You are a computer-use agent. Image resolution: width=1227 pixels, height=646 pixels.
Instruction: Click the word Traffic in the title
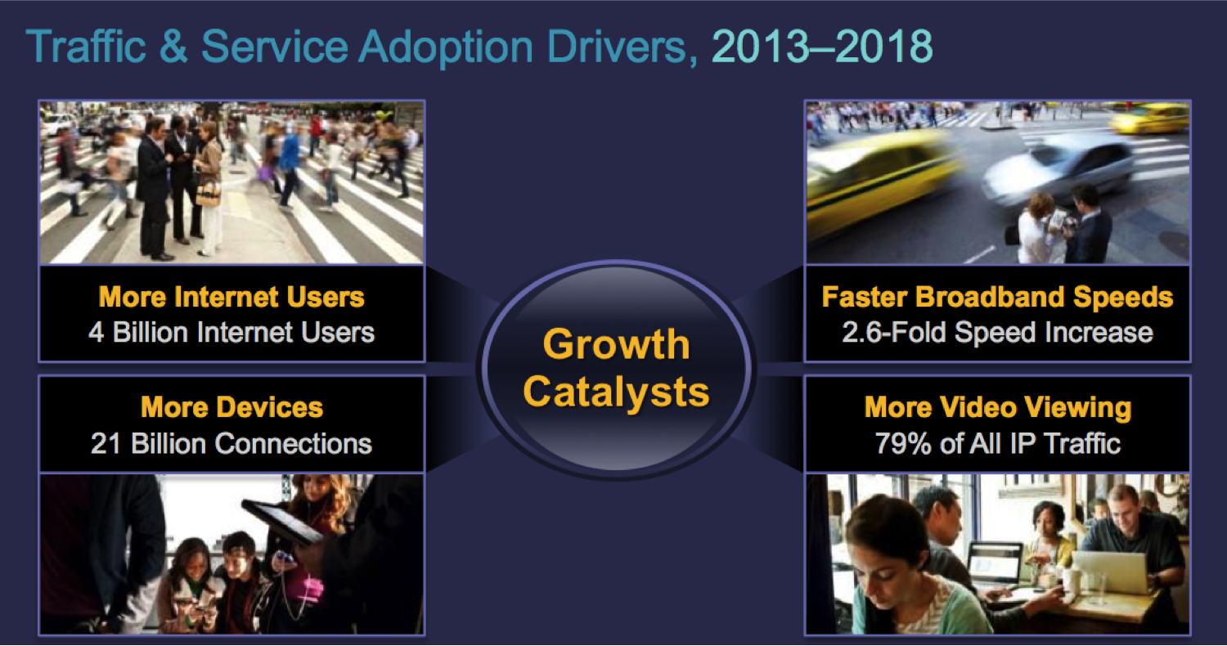pyautogui.click(x=86, y=47)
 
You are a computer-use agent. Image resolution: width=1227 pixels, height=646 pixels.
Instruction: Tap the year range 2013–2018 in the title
pyautogui.click(x=821, y=47)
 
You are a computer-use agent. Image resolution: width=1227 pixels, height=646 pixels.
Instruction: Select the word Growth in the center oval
pyautogui.click(x=616, y=346)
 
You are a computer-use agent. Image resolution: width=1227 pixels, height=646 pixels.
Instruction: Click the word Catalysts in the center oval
pyautogui.click(x=616, y=392)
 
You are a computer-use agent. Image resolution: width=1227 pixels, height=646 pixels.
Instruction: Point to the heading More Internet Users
pyautogui.click(x=231, y=297)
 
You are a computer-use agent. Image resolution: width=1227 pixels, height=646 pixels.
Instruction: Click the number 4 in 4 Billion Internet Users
pyautogui.click(x=96, y=332)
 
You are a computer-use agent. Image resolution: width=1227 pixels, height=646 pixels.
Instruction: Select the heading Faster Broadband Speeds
pyautogui.click(x=997, y=298)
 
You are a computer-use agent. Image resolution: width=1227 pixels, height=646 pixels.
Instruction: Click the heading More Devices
pyautogui.click(x=231, y=407)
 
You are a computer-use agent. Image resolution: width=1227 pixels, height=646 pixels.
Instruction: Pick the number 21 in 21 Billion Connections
pyautogui.click(x=106, y=443)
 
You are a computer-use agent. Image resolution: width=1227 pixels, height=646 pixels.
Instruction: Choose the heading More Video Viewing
pyautogui.click(x=998, y=408)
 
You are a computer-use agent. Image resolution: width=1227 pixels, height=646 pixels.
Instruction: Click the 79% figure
pyautogui.click(x=903, y=443)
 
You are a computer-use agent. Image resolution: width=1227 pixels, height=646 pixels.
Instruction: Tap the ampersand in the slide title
pyautogui.click(x=173, y=47)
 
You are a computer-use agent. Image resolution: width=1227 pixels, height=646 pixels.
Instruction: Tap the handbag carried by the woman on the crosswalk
pyautogui.click(x=208, y=193)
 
